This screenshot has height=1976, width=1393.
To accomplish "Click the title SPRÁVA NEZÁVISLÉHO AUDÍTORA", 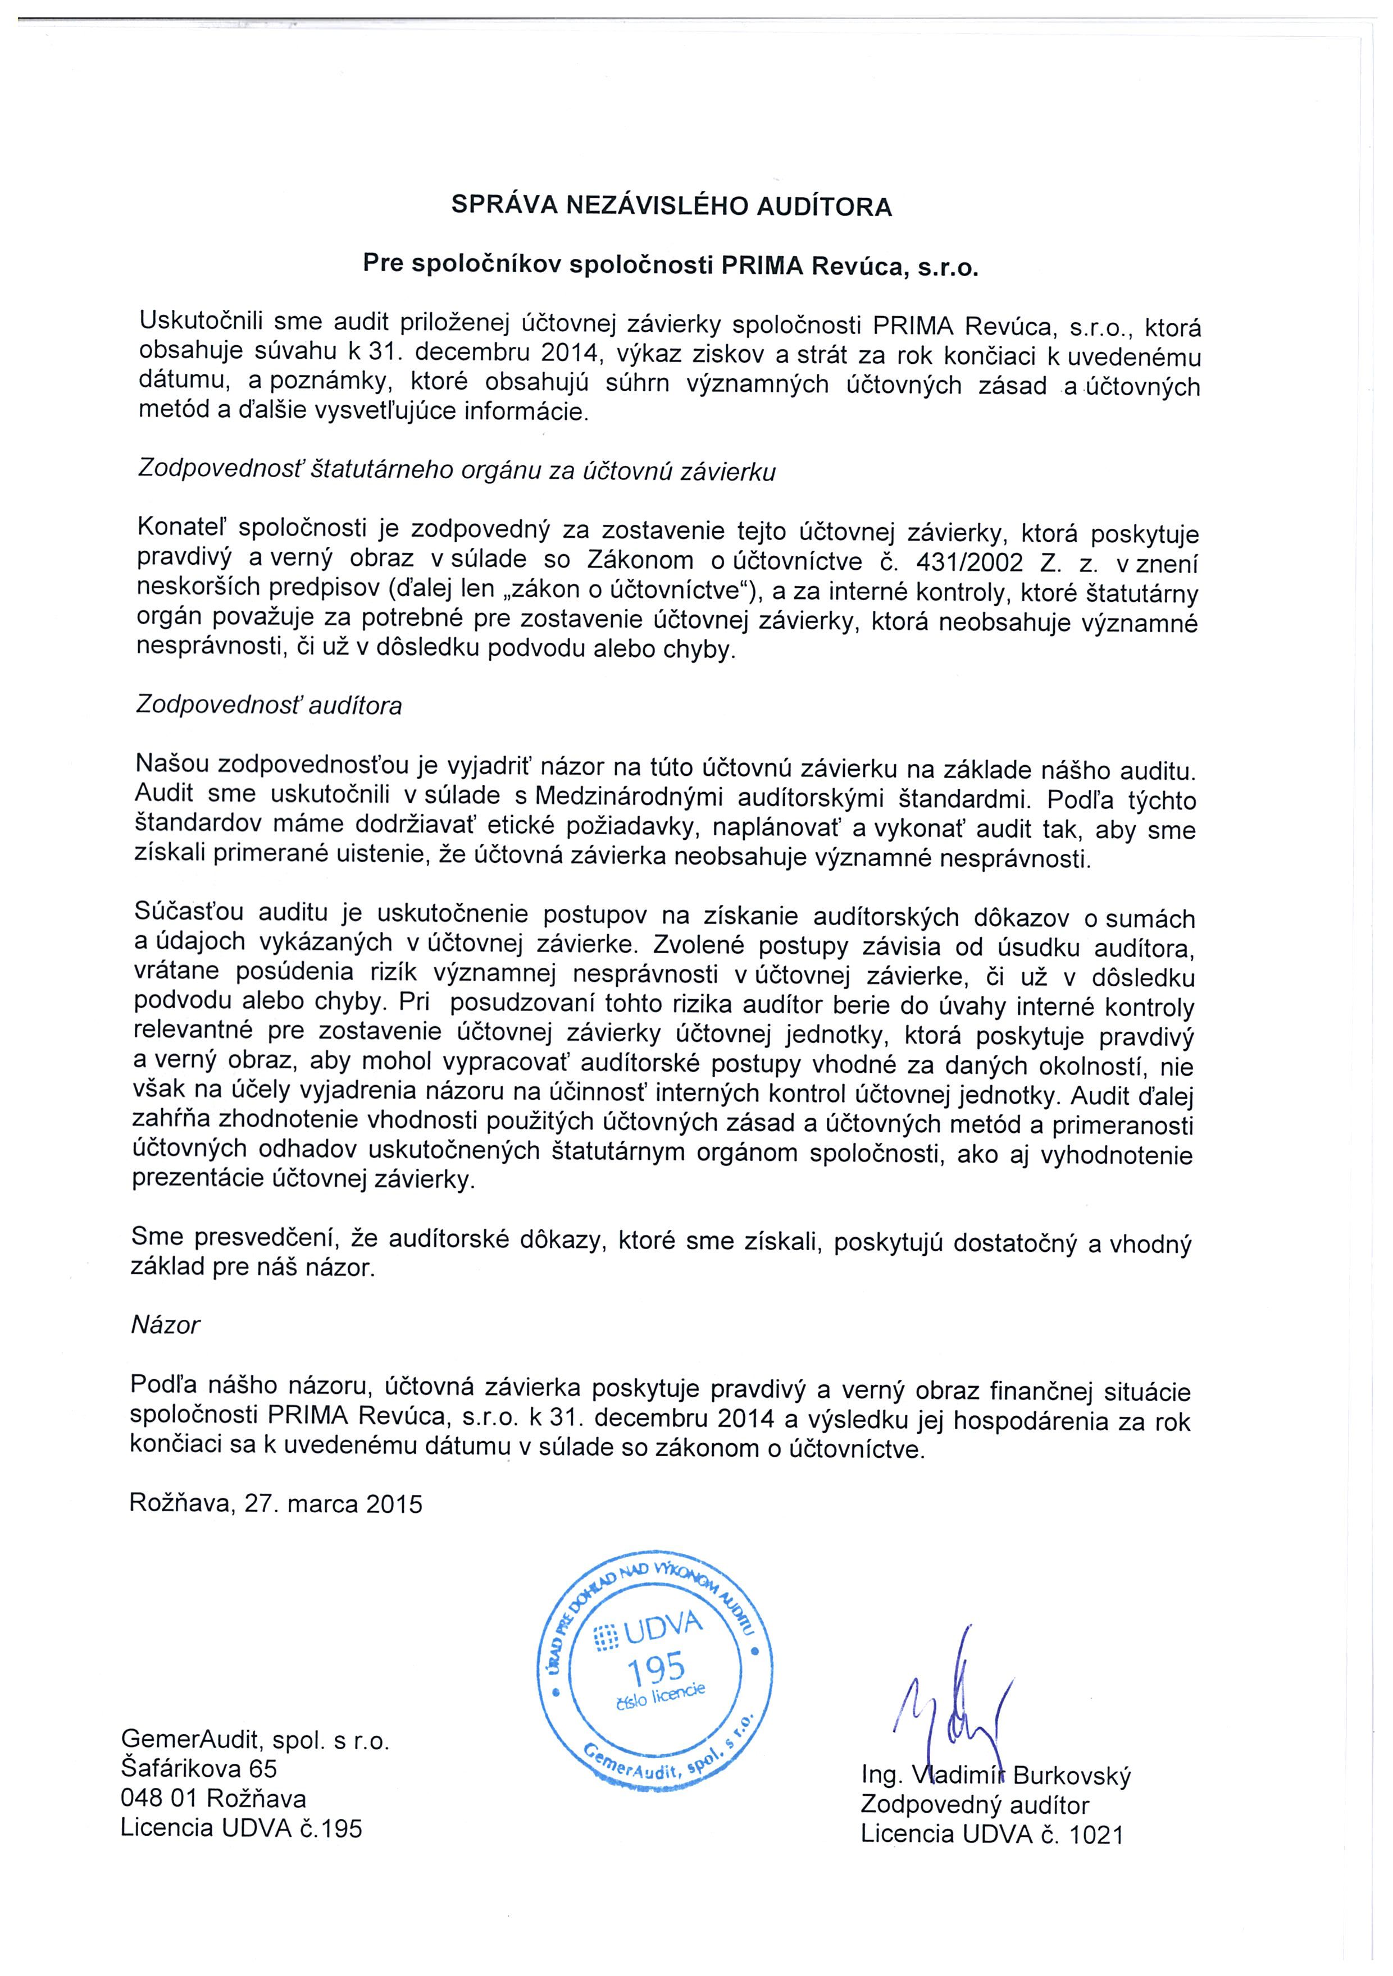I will [x=672, y=207].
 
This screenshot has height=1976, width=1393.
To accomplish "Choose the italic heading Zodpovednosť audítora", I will [x=268, y=706].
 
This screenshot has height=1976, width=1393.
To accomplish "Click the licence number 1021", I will [x=1096, y=1835].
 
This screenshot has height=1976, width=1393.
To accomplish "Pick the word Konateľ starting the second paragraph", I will [x=181, y=527].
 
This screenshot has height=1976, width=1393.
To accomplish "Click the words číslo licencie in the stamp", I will [x=661, y=1698].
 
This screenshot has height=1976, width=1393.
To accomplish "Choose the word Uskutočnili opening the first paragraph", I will [x=200, y=322].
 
